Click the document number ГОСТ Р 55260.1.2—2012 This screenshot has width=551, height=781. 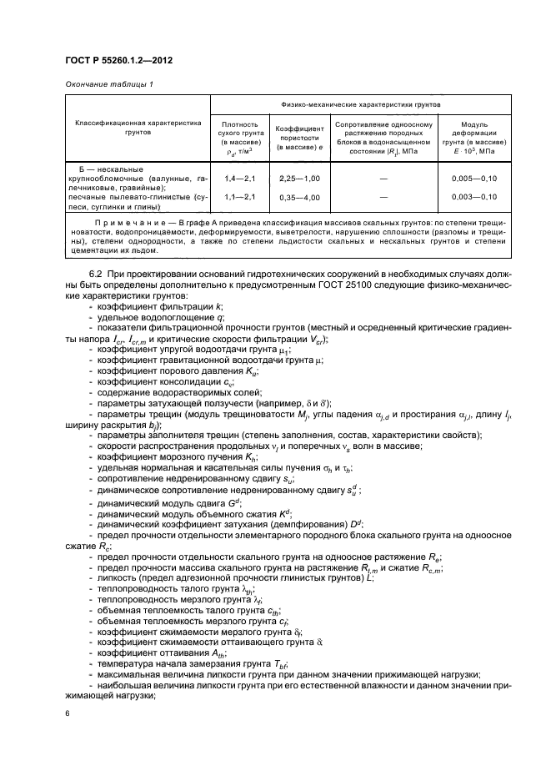point(112,60)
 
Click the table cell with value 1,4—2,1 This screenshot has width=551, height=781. point(240,179)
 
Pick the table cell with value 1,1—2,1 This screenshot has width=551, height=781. point(240,196)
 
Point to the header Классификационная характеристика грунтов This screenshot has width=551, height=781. point(138,128)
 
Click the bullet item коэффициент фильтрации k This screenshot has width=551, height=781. point(155,308)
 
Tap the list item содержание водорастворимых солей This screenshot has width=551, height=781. point(180,392)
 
